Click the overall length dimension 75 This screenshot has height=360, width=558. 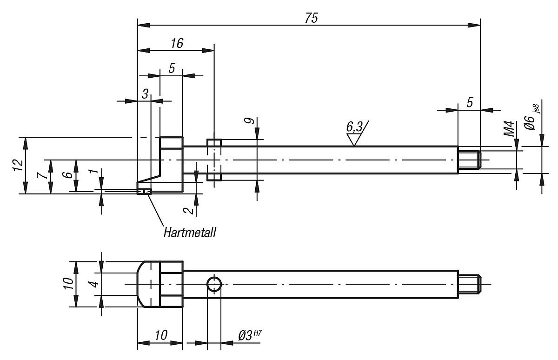click(x=311, y=17)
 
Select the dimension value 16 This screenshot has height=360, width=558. click(x=176, y=43)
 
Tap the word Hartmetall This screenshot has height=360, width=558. click(x=190, y=232)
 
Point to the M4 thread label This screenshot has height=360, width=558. click(x=510, y=129)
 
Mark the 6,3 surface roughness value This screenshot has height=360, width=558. click(x=354, y=127)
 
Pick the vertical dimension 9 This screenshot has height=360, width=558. click(x=250, y=121)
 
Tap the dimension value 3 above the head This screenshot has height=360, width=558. click(x=145, y=94)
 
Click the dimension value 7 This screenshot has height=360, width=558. click(x=42, y=176)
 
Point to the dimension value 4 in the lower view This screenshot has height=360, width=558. click(x=94, y=284)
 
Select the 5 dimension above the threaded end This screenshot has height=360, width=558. click(x=470, y=102)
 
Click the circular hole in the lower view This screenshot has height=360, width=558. click(x=214, y=284)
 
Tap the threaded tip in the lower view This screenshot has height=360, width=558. click(x=470, y=284)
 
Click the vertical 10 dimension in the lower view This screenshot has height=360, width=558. click(x=67, y=284)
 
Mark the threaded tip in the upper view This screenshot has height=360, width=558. click(x=470, y=160)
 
